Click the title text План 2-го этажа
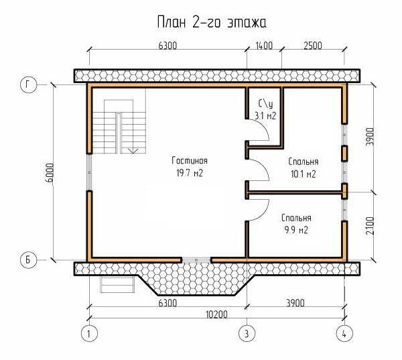[212, 22]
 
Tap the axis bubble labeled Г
[28, 85]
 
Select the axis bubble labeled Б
[28, 259]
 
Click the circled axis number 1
[89, 334]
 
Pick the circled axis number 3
[247, 334]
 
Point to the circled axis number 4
[344, 334]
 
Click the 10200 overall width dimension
[216, 314]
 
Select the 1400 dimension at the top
[264, 46]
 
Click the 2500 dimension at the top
[313, 46]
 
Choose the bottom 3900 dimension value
[295, 303]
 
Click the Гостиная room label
[190, 161]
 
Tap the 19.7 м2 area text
[190, 173]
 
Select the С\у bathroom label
[265, 104]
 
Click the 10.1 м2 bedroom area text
[304, 174]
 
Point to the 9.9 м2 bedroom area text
[296, 230]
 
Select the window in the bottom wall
[196, 260]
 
